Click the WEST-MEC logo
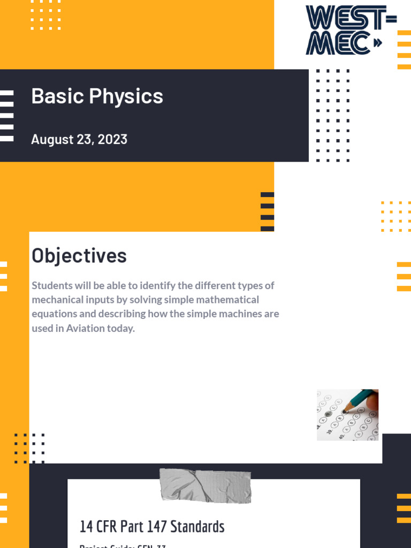(351, 30)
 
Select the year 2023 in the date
(112, 140)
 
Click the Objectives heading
(79, 256)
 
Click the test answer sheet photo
(347, 415)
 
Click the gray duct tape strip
(205, 485)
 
